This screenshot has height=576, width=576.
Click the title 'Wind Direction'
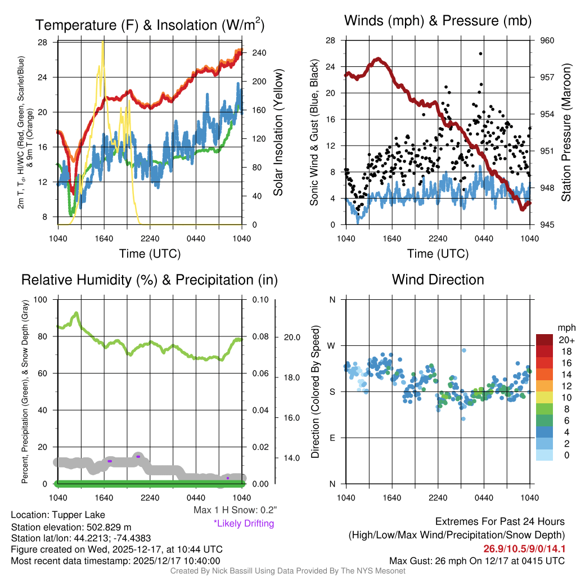point(438,280)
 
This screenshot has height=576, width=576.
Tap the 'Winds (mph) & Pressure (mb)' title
point(438,21)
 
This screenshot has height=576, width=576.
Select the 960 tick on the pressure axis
point(547,40)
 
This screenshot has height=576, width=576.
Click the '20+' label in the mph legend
point(566,340)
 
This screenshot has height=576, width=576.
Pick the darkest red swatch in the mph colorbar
point(545,340)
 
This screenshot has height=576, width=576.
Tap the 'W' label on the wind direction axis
point(332,345)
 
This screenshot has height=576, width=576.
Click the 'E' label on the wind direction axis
point(332,438)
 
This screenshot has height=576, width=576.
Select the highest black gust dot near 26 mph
point(480,53)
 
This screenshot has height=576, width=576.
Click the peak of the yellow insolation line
point(102,42)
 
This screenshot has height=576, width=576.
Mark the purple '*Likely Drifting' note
point(244,524)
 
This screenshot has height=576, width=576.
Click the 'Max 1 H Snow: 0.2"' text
point(235,510)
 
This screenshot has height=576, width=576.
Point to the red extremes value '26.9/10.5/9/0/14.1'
point(524,548)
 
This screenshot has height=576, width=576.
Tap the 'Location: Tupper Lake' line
point(58,515)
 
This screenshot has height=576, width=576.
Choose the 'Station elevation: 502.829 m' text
point(71,526)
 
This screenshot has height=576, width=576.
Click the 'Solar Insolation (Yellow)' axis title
point(278,133)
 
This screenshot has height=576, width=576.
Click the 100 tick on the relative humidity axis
point(40,299)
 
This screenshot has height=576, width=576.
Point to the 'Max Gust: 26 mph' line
point(477,561)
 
